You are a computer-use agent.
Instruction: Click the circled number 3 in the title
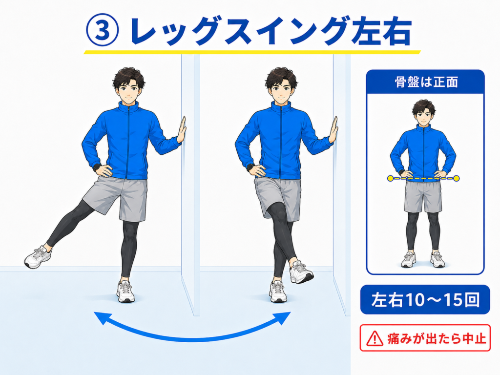pos(103,31)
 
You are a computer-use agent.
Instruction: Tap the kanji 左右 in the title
pos(381,31)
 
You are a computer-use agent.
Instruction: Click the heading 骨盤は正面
pos(426,82)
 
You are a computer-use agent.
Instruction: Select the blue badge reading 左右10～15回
pos(425,300)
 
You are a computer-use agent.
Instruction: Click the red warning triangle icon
pos(375,338)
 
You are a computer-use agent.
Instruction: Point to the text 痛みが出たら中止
pos(437,338)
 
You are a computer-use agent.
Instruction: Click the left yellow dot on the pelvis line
pos(390,178)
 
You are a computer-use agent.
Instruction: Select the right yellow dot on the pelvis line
pos(457,178)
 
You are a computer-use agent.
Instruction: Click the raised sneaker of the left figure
pos(38,257)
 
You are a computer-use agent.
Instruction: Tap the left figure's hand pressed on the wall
pos(182,131)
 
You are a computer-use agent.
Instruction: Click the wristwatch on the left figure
pos(97,167)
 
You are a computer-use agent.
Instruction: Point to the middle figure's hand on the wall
pos(333,131)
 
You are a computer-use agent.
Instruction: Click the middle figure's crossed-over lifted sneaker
pos(301,272)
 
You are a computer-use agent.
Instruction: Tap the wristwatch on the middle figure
pos(250,167)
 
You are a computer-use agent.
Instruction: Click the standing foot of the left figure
pos(125,292)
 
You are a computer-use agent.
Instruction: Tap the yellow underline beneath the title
pos(252,52)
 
